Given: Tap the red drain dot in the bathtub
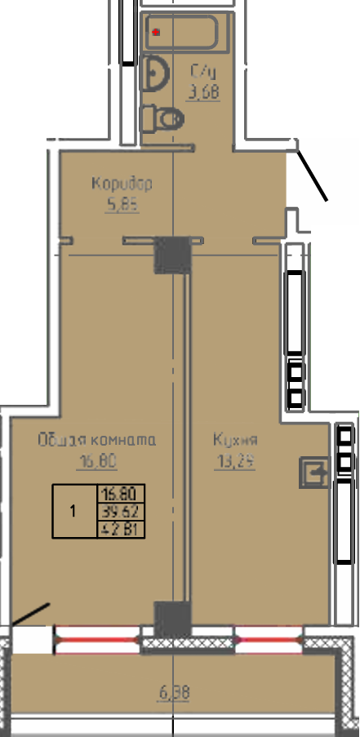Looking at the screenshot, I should point(156,33).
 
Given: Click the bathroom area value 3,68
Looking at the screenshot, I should point(203,93).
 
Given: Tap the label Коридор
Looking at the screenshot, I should point(122,183).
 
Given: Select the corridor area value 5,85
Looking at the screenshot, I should point(122,206).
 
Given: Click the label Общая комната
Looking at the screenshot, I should point(96,440).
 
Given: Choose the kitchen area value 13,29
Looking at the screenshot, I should point(235,463).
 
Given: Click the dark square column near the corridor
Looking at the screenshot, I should point(172,254).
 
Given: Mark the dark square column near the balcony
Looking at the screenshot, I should point(171,618).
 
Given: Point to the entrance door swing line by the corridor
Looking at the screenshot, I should point(312,174).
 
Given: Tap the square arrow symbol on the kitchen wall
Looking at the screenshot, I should point(313,471).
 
